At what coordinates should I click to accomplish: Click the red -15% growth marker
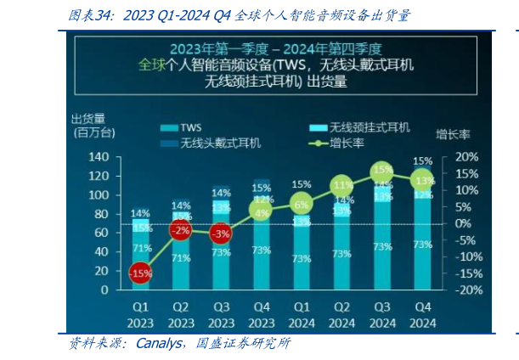tap(141, 273)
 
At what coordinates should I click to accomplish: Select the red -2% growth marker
tap(179, 230)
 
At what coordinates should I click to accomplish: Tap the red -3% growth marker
tap(221, 233)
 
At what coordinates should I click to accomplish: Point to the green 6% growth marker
tap(302, 204)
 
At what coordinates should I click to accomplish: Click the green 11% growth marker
tap(342, 186)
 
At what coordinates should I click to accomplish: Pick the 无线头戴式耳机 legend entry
tap(208, 143)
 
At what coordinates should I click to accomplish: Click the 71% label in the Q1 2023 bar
tap(141, 249)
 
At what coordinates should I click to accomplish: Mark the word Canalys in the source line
tap(163, 344)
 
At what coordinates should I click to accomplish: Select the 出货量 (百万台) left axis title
tap(93, 125)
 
